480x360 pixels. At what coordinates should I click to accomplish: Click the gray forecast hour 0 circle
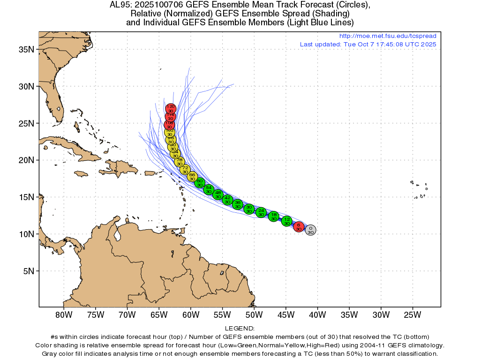click(310, 230)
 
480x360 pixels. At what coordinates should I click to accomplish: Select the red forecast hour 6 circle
click(299, 227)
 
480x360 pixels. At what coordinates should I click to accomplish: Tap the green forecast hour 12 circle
click(287, 221)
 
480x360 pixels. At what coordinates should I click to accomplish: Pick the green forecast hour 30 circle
click(249, 209)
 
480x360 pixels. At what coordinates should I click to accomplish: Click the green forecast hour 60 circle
click(200, 182)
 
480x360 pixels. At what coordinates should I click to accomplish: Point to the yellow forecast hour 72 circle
click(185, 169)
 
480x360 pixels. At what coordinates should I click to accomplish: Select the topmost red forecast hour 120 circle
click(171, 109)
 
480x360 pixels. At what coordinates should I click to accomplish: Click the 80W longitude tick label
click(63, 314)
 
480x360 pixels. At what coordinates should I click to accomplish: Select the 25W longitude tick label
click(413, 314)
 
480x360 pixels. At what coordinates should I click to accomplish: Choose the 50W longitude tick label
click(254, 314)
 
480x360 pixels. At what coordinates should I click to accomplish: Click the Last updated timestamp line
click(368, 44)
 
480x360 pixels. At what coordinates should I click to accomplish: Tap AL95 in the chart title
click(120, 5)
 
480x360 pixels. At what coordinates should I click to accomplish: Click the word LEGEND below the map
click(240, 329)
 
